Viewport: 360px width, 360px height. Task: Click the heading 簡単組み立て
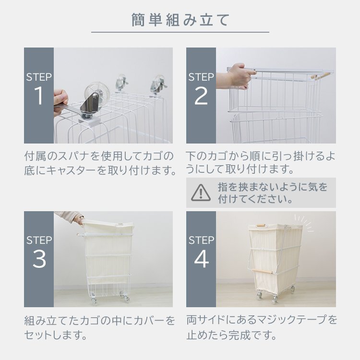[x=180, y=20]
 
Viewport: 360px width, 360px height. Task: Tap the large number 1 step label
[x=38, y=96]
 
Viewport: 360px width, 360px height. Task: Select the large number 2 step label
[x=201, y=96]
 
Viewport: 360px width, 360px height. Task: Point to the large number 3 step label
[x=39, y=259]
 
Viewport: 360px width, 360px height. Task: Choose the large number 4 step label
[x=201, y=259]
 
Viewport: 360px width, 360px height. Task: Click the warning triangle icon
[x=201, y=192]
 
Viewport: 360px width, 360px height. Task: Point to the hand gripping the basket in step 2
[x=236, y=76]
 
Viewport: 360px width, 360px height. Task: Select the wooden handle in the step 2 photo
[x=321, y=75]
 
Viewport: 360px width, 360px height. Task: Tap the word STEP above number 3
[x=39, y=240]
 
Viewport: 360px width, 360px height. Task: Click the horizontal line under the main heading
[x=180, y=32]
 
